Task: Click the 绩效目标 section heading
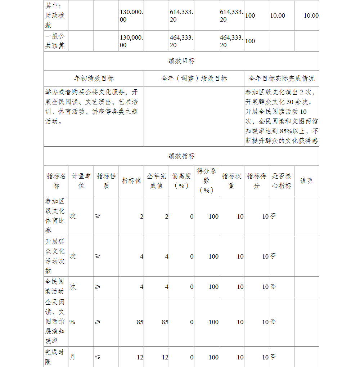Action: click(181, 61)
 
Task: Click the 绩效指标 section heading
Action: click(181, 156)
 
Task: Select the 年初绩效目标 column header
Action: click(94, 79)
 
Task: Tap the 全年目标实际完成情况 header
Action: click(281, 79)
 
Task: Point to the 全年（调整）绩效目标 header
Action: click(194, 79)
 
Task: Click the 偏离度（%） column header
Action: click(181, 181)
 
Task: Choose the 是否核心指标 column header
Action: click(281, 181)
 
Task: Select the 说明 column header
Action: click(306, 181)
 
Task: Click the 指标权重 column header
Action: click(231, 181)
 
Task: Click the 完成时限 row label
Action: click(54, 357)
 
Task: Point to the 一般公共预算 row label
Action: click(55, 41)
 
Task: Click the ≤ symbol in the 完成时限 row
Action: click(98, 357)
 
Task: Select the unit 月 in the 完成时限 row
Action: click(73, 357)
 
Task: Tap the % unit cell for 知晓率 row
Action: click(72, 322)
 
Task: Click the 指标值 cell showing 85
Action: click(140, 322)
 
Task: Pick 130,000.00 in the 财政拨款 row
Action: click(131, 15)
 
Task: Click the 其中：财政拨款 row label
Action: click(55, 15)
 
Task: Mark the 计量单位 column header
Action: click(81, 181)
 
